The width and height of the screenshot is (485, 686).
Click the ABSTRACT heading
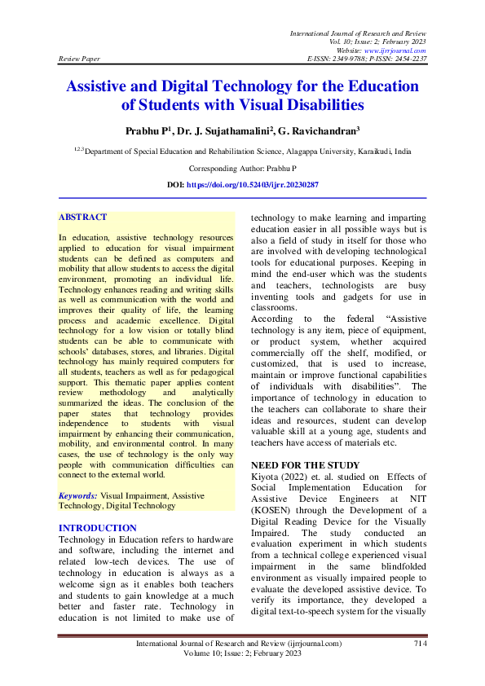click(82, 218)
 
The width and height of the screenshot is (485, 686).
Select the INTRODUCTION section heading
click(98, 528)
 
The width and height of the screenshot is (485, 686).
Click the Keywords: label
click(78, 495)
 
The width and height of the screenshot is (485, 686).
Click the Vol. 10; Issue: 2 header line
click(379, 41)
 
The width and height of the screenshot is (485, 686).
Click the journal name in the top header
click(359, 32)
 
